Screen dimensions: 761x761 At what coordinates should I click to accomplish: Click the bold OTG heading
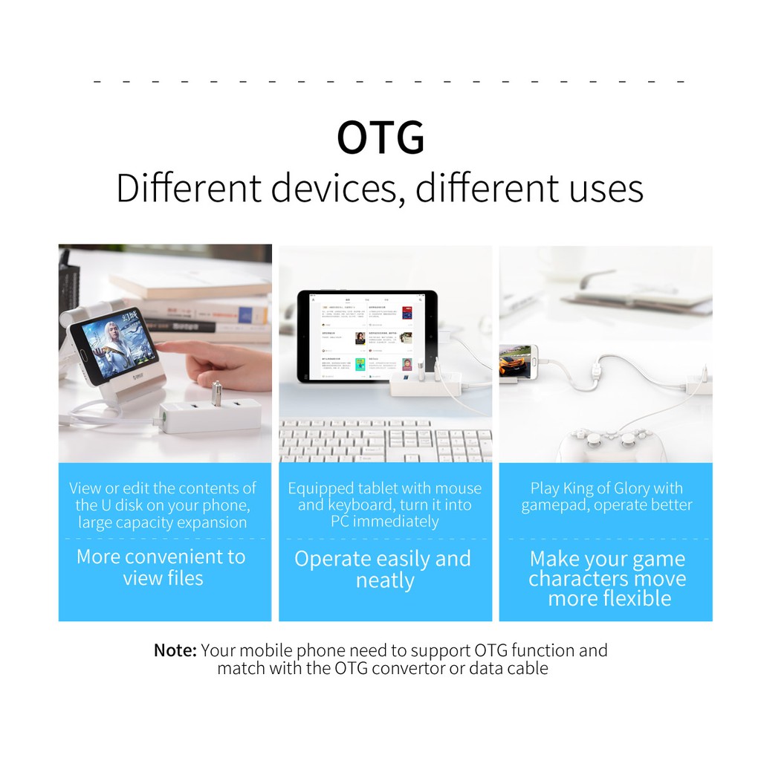(380, 137)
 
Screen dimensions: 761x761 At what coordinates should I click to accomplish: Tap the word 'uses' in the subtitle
(606, 189)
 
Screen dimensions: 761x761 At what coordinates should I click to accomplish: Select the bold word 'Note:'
(175, 650)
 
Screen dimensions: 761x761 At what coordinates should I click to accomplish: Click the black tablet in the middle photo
(367, 336)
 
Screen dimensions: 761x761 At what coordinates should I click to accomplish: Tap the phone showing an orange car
(515, 362)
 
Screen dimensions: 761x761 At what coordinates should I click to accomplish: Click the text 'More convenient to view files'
(162, 567)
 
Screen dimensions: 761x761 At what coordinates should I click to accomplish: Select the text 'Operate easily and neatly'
(383, 569)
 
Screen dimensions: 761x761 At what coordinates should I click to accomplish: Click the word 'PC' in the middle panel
(340, 522)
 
